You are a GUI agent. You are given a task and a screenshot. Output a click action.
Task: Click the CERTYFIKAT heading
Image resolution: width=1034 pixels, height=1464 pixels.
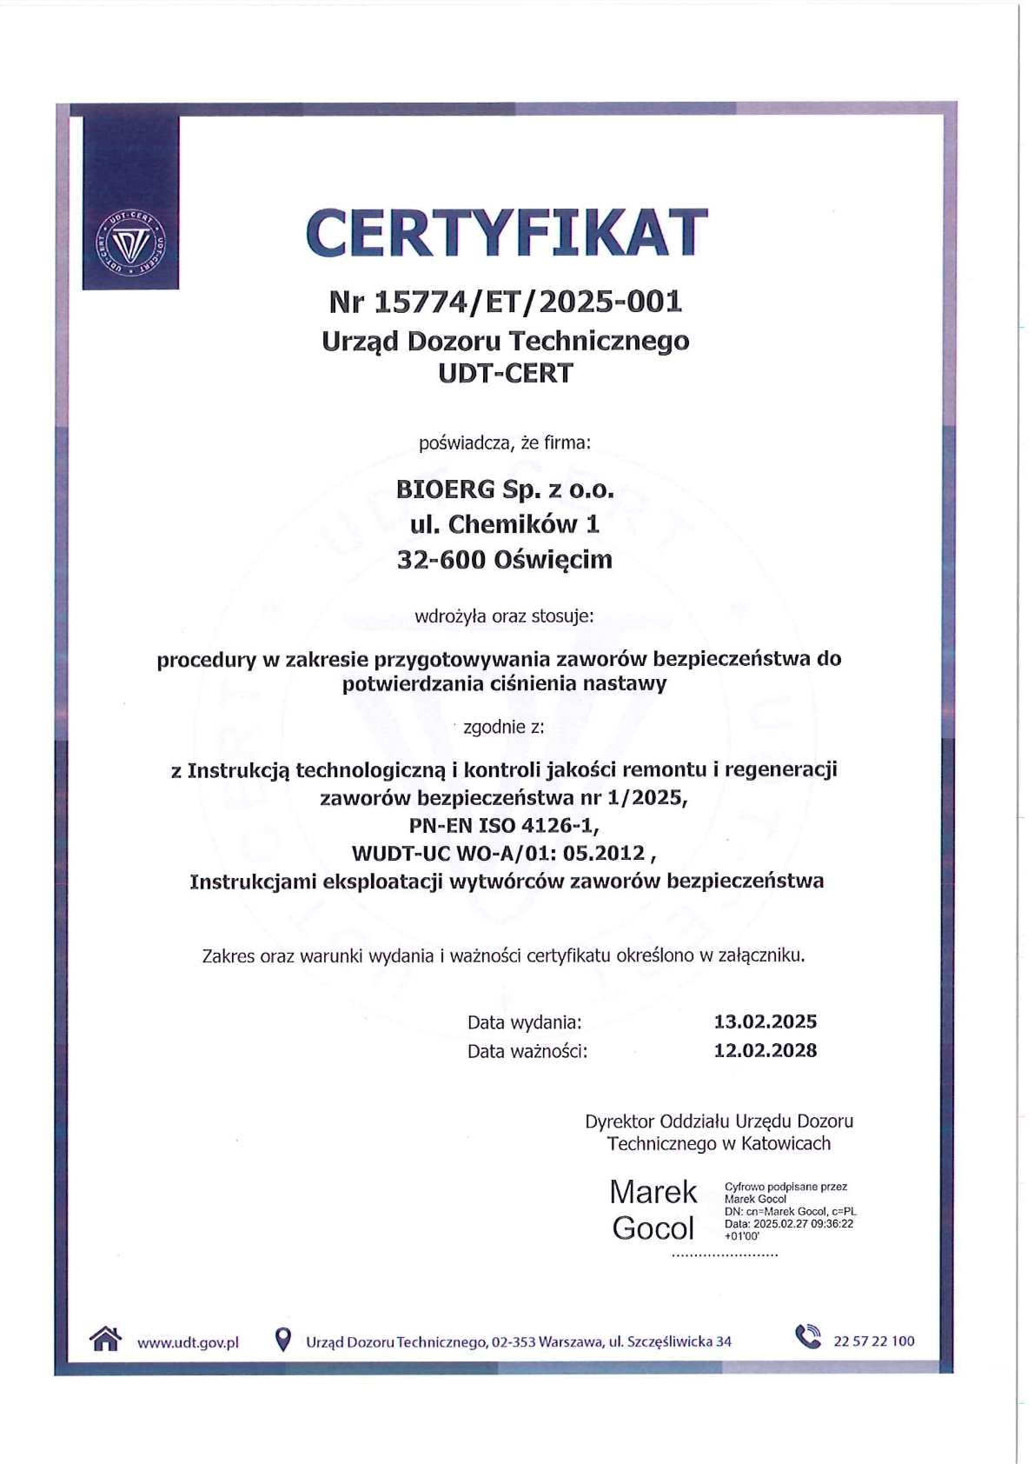[x=507, y=233]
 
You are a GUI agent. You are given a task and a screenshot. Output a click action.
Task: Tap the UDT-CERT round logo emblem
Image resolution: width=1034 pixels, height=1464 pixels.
[x=130, y=241]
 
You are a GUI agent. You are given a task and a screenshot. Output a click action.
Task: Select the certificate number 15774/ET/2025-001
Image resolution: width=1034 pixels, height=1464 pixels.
[x=528, y=302]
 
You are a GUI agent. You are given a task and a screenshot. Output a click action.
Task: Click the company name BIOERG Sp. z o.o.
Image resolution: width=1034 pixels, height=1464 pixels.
[x=505, y=489]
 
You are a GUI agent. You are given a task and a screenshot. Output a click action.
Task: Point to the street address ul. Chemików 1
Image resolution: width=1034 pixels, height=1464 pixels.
[x=505, y=524]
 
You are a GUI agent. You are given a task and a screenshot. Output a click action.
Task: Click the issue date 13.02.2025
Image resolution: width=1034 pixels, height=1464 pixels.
[x=765, y=1021]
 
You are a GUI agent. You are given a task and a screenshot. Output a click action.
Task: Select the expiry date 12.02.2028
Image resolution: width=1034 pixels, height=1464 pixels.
[x=765, y=1050]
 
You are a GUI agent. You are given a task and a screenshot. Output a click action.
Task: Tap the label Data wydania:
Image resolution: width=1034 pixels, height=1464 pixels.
[x=524, y=1022]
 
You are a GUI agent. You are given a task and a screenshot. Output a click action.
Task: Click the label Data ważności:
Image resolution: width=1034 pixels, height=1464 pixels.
[x=527, y=1051]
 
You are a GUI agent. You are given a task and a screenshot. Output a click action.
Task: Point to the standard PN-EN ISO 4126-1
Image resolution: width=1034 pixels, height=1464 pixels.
[x=504, y=824]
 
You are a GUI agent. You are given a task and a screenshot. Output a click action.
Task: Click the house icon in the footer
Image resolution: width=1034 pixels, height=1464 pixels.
[x=105, y=1339]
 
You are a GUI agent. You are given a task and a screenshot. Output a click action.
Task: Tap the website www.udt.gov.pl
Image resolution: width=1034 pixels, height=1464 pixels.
[x=188, y=1342]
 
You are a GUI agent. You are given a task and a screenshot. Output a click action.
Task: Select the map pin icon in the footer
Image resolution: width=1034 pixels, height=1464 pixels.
[x=282, y=1340]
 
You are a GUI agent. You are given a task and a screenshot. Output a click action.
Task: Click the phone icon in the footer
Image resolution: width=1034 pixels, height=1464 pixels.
[x=808, y=1337]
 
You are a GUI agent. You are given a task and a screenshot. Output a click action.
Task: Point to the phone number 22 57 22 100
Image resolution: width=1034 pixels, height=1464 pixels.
[x=873, y=1341]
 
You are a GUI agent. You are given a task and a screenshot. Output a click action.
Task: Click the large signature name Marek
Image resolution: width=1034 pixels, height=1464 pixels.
[x=653, y=1192]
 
